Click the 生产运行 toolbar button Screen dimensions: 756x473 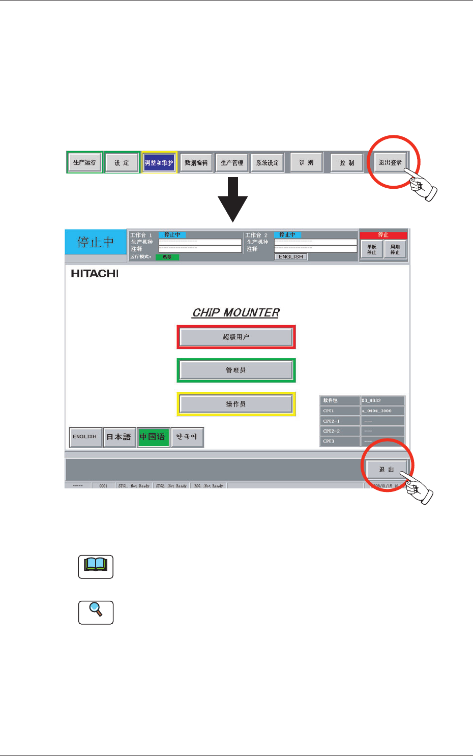[84, 163]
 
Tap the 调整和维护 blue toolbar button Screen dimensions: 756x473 [159, 163]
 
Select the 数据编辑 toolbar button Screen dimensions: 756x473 [196, 163]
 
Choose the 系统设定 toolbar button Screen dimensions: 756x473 [268, 163]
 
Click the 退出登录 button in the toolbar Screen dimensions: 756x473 [390, 163]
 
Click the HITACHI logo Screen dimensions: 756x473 [95, 274]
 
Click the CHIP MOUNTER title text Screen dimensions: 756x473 [236, 312]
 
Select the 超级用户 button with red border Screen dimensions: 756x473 [236, 337]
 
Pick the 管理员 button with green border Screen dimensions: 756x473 [236, 370]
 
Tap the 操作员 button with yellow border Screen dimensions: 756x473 [236, 404]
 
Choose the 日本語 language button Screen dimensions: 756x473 [119, 437]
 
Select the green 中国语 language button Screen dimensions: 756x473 [153, 437]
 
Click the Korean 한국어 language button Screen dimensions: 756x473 [187, 437]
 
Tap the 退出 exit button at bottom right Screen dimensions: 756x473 [387, 469]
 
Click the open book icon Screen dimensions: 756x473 [96, 566]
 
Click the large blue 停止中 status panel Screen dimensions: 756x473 [96, 242]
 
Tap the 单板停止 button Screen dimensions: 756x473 [372, 250]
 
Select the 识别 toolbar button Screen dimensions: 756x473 [306, 163]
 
